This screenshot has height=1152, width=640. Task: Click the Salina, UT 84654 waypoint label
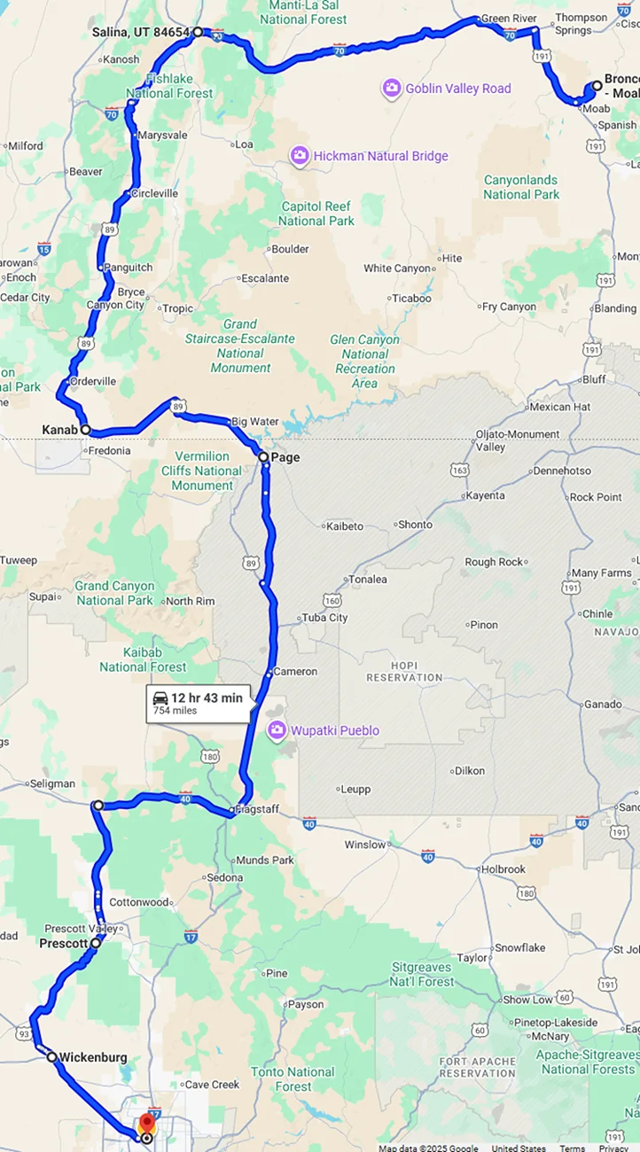click(141, 33)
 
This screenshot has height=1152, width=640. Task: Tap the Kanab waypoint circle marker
click(86, 430)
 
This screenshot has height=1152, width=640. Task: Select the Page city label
click(285, 457)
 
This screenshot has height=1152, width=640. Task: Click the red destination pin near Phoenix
click(147, 1124)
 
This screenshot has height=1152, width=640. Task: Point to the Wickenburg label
click(93, 1057)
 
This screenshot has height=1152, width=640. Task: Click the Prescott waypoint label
click(64, 944)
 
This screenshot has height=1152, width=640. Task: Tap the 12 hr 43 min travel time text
click(207, 697)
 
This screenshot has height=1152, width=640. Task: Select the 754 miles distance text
click(176, 711)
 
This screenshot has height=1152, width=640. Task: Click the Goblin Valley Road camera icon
click(391, 88)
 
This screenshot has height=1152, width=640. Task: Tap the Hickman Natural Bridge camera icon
click(300, 156)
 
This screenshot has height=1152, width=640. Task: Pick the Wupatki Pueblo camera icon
click(277, 730)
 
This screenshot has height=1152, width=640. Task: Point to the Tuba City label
click(325, 618)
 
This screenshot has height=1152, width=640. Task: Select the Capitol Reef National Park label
click(316, 214)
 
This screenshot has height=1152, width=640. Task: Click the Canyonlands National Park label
click(521, 187)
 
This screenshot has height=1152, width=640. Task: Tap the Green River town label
click(508, 18)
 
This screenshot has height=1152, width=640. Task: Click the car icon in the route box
click(160, 698)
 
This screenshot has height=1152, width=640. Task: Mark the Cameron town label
click(295, 672)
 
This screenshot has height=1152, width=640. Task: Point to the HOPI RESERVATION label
click(403, 671)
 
